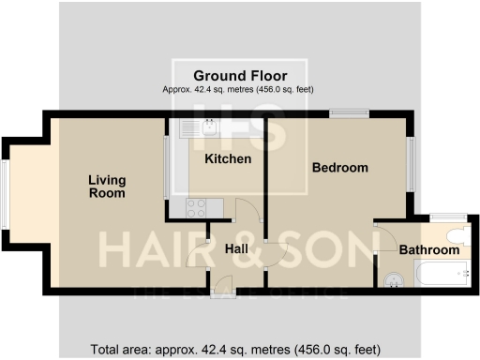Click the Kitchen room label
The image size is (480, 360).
click(x=228, y=159)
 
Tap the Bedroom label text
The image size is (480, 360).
click(x=339, y=168)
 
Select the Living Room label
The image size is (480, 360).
click(x=107, y=186)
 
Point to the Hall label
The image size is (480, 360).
click(x=237, y=249)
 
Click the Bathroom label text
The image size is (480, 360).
click(x=429, y=250)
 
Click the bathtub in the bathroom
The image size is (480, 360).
click(x=440, y=275)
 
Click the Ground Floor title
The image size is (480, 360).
click(x=240, y=75)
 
